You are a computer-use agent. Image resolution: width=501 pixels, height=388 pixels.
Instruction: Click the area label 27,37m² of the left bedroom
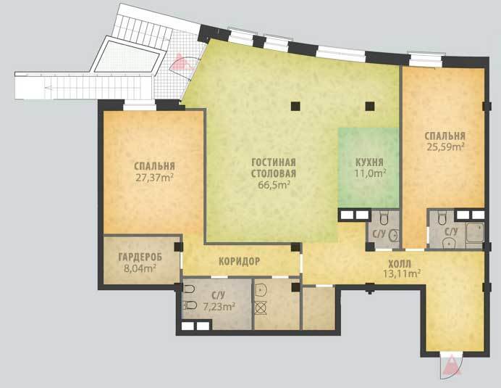154,178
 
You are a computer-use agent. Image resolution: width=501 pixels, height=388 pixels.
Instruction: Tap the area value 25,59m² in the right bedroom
445,147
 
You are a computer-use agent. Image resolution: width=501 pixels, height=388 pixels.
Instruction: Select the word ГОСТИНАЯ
274,162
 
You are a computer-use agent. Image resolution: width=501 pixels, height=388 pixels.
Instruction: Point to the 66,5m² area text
274,185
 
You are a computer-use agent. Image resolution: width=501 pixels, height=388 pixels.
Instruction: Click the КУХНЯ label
369,162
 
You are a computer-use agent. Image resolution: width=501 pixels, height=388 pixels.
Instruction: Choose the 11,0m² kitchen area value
370,173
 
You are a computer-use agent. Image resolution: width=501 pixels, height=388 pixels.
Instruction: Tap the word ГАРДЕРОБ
140,257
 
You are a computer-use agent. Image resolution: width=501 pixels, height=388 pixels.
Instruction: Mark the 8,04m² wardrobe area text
140,268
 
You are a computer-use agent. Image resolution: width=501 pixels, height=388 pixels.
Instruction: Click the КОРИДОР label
240,262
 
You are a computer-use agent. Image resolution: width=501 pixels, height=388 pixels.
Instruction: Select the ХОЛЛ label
400,265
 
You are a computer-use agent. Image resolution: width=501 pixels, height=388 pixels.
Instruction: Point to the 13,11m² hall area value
401,274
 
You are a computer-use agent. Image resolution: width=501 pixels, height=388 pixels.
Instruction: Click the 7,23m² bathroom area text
219,306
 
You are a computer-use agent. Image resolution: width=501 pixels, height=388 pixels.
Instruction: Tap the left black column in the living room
295,106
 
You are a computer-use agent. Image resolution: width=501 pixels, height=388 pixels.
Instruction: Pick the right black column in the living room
370,106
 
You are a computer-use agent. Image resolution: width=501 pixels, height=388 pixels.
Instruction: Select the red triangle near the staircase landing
181,62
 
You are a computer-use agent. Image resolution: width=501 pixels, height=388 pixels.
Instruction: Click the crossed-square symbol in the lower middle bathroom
261,308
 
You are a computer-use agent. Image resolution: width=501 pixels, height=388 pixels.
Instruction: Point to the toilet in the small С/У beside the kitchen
384,218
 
